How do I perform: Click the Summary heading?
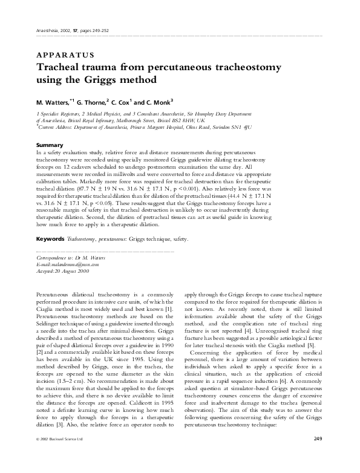pyautogui.click(x=50, y=146)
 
